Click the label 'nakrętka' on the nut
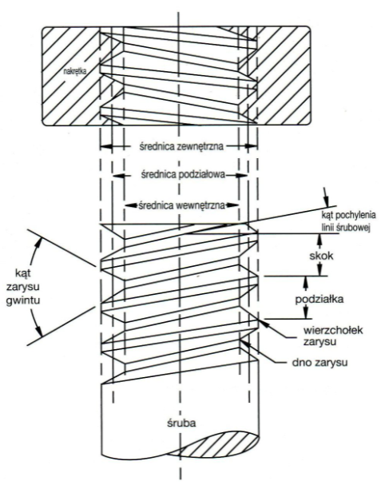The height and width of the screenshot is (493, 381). [x=75, y=72]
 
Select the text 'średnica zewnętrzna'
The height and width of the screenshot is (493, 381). [x=181, y=147]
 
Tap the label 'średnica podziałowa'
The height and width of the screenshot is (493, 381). [x=183, y=175]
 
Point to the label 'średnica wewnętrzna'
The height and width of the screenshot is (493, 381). [x=182, y=205]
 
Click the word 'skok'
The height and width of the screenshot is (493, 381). [x=321, y=256]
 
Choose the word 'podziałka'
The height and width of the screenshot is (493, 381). [x=319, y=299]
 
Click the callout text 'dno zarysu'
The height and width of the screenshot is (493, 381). [x=319, y=363]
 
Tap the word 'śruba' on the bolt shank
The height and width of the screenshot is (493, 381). [x=181, y=423]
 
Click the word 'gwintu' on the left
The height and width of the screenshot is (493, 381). [x=23, y=301]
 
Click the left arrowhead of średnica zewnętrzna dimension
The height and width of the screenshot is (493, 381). [x=106, y=146]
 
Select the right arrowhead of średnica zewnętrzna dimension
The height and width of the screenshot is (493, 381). [x=252, y=146]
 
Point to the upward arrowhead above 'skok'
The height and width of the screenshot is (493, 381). [x=320, y=239]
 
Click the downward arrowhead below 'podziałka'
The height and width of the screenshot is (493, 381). [x=304, y=313]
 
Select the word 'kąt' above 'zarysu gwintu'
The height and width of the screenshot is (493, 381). [x=23, y=272]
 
